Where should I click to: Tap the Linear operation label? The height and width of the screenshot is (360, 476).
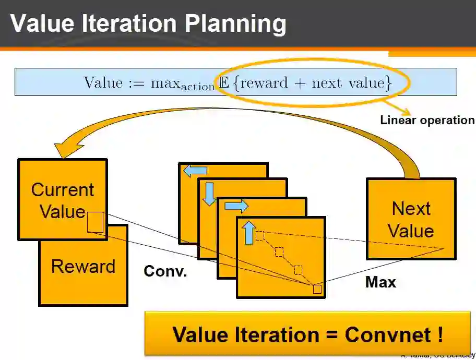427,121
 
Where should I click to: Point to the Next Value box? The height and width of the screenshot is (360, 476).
411,219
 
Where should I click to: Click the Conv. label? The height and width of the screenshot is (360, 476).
165,272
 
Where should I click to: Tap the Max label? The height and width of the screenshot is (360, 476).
380,283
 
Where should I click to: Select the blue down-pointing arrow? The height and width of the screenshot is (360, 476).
210,194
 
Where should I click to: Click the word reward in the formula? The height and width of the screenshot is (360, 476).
264,83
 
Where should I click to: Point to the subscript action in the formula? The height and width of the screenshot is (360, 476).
198,87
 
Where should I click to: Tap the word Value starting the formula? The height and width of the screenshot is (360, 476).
103,82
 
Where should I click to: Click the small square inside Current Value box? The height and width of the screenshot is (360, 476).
96,222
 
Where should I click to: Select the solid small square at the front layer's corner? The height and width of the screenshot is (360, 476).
317,289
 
